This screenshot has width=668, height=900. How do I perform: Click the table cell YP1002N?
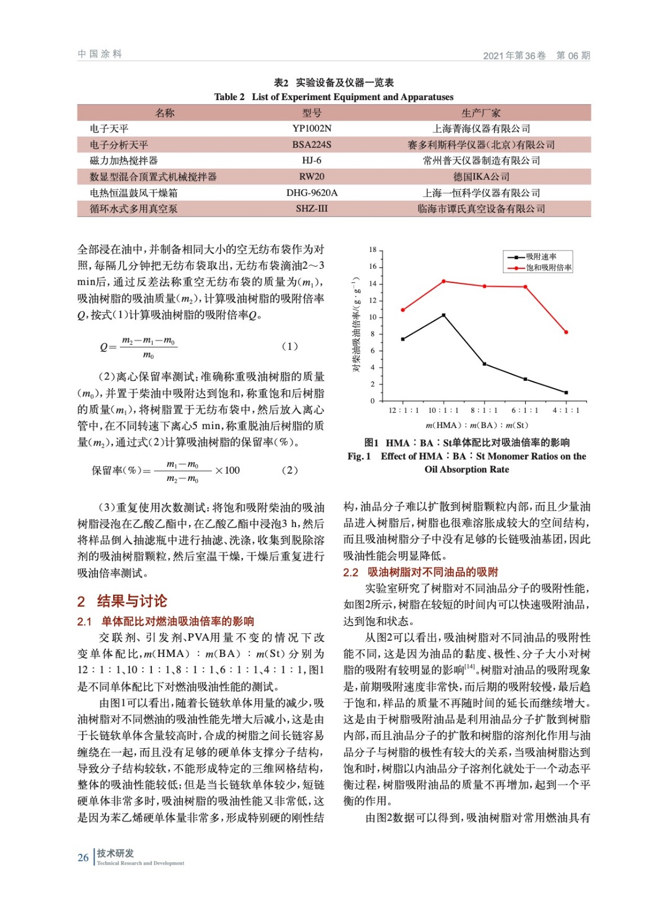point(312,129)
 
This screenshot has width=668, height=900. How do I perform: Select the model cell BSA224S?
point(312,145)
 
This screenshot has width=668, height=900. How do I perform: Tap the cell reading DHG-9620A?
point(312,193)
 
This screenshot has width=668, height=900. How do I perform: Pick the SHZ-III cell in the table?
point(312,209)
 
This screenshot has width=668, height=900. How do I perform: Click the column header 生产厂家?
point(481,113)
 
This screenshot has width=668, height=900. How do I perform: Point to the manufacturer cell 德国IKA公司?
point(481,177)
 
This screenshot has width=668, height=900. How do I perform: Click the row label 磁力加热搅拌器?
point(124,161)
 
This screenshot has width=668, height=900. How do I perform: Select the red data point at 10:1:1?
point(443,281)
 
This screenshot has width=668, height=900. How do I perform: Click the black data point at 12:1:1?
point(403,339)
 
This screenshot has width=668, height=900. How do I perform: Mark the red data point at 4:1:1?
point(566,332)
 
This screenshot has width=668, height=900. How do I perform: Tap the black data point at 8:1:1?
point(485,364)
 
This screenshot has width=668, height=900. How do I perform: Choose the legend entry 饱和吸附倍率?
point(548,268)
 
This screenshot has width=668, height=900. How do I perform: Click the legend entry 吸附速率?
point(541,257)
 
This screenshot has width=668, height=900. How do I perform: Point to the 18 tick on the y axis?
point(373,250)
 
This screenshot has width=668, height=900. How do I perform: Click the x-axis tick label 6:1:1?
point(525,411)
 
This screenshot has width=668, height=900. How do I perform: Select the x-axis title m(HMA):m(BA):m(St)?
point(477,425)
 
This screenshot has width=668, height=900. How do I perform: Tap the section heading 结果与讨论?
point(132,601)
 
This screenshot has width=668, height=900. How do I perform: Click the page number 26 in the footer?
point(83,858)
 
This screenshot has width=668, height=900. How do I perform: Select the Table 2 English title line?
point(334,97)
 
